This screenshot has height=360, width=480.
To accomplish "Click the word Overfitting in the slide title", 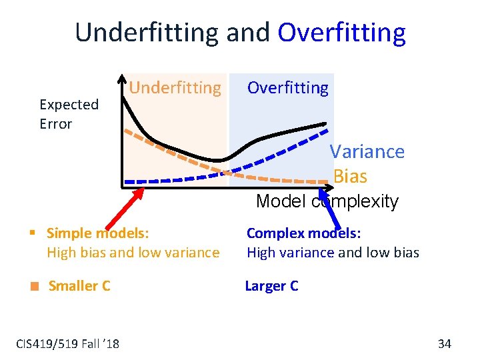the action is point(341,32).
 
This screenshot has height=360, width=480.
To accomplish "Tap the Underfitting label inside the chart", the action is point(175,87).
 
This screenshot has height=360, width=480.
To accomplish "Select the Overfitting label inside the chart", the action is point(288,87).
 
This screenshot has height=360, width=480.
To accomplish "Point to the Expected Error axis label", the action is point(69,114).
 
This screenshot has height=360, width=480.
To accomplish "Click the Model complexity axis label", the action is point(327,201).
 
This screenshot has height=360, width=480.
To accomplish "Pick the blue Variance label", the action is point(367,151).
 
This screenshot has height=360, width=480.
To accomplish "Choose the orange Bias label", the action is point(350,176).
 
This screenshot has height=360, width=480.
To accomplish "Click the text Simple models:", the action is point(97,233).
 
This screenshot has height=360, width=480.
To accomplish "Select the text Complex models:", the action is point(303,233).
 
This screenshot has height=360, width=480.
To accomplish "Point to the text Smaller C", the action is point(79,286).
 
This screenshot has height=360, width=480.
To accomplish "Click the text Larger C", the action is point(271,286).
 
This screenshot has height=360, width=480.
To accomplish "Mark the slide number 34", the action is point(445,343).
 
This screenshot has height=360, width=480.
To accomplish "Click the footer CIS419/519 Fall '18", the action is point(67,343).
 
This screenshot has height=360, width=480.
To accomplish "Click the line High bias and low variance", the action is point(133,253).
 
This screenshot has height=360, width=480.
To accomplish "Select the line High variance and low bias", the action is point(333,253).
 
